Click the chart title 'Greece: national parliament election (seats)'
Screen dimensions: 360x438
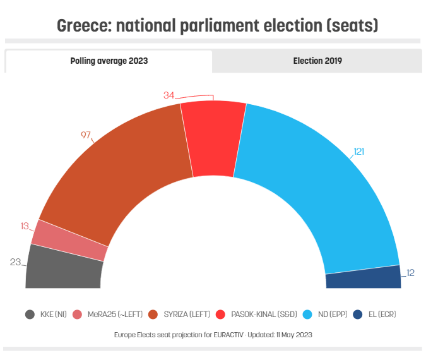tap(218, 26)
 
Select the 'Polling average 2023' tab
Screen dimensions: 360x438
tap(109, 61)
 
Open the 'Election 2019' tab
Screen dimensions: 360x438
tap(317, 61)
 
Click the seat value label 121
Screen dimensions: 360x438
tap(359, 152)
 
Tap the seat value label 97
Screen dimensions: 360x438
tap(86, 135)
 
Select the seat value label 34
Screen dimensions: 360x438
tap(169, 95)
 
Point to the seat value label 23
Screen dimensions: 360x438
tap(16, 261)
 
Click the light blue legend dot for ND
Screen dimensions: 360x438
tap(308, 314)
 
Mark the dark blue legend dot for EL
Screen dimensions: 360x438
tap(357, 314)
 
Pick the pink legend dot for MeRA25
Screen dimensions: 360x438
tap(78, 314)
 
